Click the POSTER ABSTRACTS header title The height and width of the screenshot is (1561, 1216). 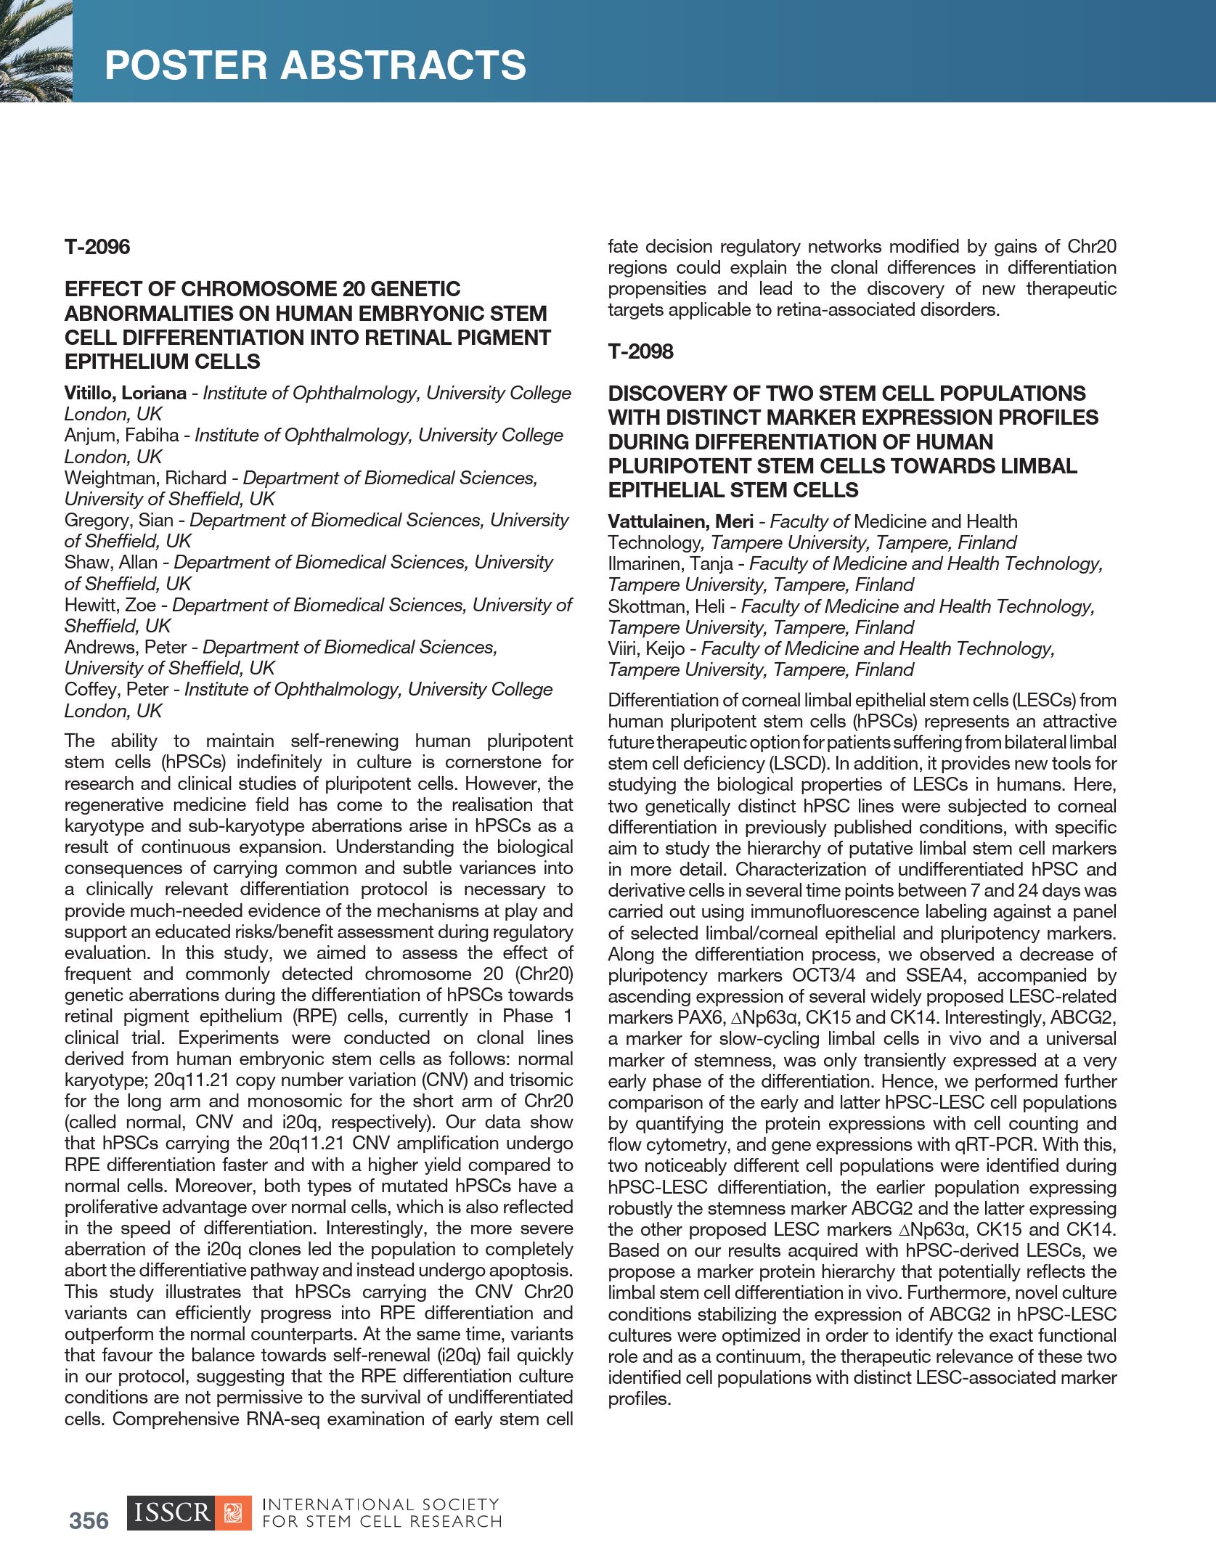[315, 65]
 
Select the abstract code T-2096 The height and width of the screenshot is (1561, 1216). [97, 247]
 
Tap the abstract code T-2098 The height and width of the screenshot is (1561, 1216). [640, 351]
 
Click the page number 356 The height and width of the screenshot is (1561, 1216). [89, 1521]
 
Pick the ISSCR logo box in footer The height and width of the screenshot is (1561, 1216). [189, 1513]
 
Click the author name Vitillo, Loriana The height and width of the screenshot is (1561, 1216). [125, 393]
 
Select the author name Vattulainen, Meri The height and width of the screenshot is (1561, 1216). [680, 521]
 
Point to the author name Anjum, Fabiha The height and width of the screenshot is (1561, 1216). [121, 435]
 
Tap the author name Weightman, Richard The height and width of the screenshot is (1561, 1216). [145, 478]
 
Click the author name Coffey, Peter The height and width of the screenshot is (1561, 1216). [116, 689]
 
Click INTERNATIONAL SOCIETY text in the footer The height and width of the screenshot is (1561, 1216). [380, 1504]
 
